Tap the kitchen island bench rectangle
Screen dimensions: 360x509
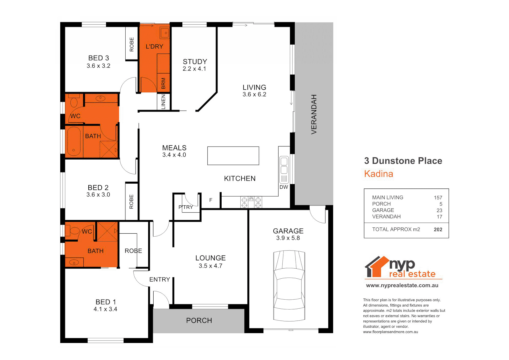pyautogui.click(x=233, y=156)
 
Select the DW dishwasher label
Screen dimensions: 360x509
pyautogui.click(x=284, y=187)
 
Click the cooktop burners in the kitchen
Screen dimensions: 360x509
pyautogui.click(x=251, y=202)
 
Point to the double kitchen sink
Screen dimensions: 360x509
pyautogui.click(x=284, y=166)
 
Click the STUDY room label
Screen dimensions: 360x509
pyautogui.click(x=195, y=62)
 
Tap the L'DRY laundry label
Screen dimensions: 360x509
pyautogui.click(x=154, y=46)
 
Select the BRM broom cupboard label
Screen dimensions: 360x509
pyautogui.click(x=163, y=83)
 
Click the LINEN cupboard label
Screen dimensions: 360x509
pyautogui.click(x=163, y=102)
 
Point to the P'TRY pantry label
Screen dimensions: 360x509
pyautogui.click(x=186, y=207)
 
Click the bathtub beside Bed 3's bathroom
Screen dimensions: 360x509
pyautogui.click(x=74, y=141)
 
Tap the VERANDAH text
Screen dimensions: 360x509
pyautogui.click(x=314, y=114)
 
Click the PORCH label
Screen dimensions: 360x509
pyautogui.click(x=199, y=320)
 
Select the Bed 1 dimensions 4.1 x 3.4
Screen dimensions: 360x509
pyautogui.click(x=105, y=309)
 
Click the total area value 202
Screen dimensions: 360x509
pyautogui.click(x=438, y=229)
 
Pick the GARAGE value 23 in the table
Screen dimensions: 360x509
pyautogui.click(x=439, y=210)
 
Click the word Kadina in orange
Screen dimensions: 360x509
pyautogui.click(x=378, y=174)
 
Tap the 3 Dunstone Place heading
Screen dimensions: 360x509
pyautogui.click(x=403, y=161)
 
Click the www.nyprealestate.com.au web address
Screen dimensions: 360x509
pyautogui.click(x=402, y=285)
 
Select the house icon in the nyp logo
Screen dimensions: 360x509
pyautogui.click(x=376, y=267)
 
